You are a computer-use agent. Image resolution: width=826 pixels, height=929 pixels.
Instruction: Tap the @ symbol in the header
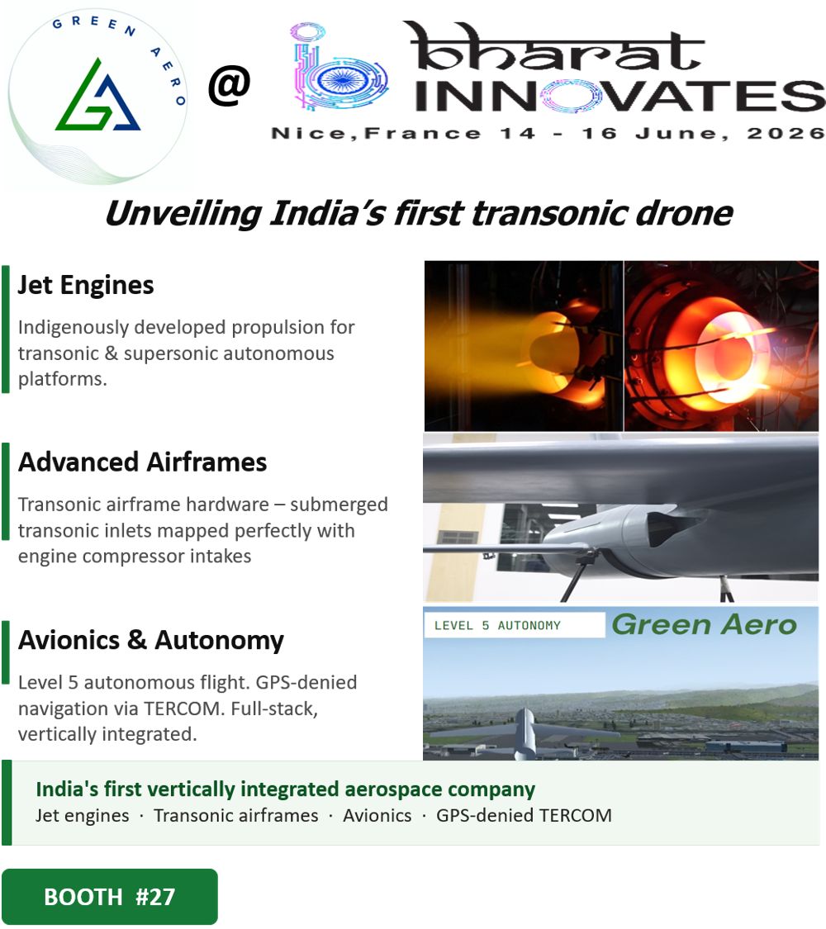230,86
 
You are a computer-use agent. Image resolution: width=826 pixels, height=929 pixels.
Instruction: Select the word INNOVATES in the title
619,96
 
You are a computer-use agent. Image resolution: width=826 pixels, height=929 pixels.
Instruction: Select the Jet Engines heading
86,285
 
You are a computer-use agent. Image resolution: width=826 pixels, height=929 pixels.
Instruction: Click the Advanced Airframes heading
142,462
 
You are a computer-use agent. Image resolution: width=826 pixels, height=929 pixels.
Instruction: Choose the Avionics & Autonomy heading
151,641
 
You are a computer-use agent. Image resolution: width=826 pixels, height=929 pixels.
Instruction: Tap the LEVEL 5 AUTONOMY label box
515,625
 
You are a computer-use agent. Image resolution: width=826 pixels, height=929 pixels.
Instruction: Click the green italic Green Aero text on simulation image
705,624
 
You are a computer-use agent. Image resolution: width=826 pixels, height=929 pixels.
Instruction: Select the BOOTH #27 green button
110,897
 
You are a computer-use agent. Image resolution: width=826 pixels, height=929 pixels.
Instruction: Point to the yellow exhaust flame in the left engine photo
498,347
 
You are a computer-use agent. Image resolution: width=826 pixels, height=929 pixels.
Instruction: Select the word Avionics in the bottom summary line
377,815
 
